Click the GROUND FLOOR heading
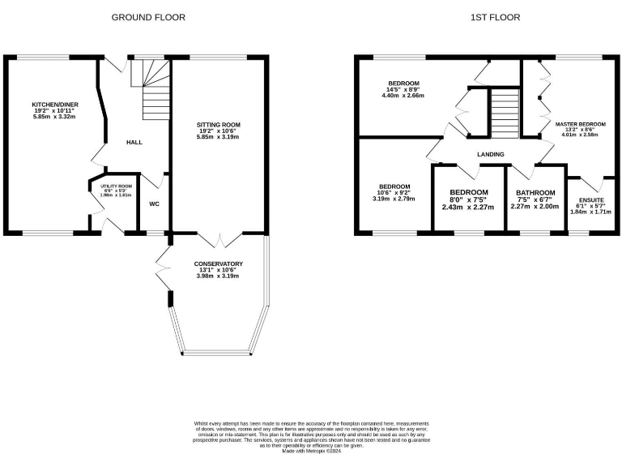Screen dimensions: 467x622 click(147, 17)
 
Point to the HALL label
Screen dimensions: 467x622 click(134, 142)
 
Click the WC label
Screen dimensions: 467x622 click(152, 203)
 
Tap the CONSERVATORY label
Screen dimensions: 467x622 click(219, 263)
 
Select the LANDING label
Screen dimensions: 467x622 click(490, 154)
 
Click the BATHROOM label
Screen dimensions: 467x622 click(535, 192)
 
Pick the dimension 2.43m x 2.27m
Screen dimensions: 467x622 click(469, 207)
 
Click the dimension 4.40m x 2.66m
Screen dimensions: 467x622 click(403, 96)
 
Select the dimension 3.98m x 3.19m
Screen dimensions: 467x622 click(219, 276)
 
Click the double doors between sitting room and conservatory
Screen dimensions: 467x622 click(219, 239)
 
